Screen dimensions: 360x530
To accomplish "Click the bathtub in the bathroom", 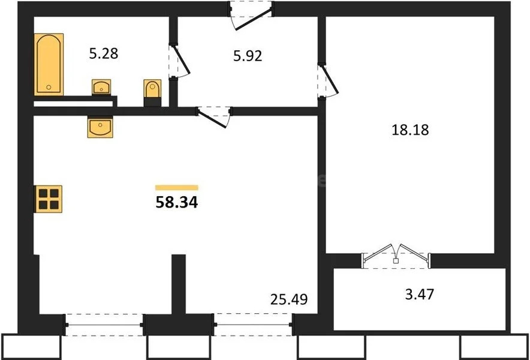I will pos(49,65).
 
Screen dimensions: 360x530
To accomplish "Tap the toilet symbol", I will pos(152,92).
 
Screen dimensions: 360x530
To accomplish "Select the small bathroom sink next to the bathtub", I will pos(101,88).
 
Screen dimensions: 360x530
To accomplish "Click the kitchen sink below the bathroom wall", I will pos(100,127).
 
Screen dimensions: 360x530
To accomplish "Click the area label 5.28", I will pos(103,53).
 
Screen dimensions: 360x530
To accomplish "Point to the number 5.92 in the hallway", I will pos(248,57).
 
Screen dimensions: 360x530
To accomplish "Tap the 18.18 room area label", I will pos(414,129).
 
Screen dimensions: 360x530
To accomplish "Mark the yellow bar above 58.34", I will pos(176,188).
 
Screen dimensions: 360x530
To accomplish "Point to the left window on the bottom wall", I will pos(103,325).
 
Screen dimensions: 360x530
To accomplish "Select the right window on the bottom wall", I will pos(253,325).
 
